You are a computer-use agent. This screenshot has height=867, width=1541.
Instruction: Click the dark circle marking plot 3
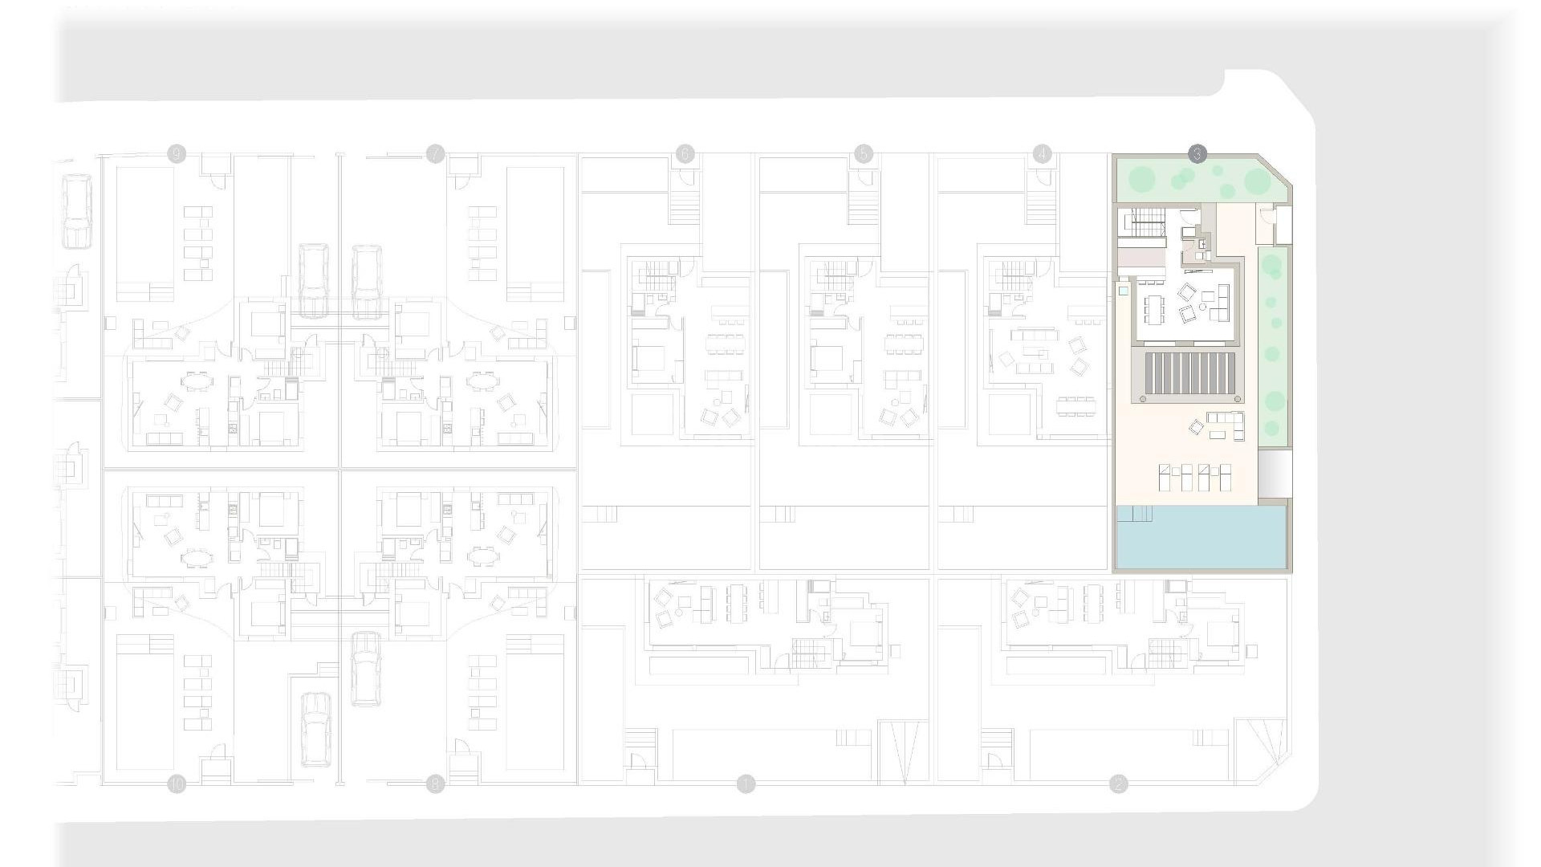[x=1197, y=154]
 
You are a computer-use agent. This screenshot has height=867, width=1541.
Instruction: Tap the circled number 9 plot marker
[x=177, y=154]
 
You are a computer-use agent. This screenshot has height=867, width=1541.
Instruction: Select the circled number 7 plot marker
[x=435, y=154]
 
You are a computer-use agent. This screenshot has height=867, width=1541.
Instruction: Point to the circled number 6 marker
[x=685, y=154]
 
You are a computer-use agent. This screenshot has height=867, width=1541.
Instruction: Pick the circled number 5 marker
[x=864, y=154]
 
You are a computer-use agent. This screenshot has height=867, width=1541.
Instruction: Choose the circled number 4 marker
[x=1042, y=154]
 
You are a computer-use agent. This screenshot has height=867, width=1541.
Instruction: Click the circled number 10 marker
[x=177, y=784]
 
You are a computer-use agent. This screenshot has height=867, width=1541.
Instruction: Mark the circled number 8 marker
[x=435, y=784]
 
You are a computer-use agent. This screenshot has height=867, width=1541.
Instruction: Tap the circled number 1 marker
[x=746, y=784]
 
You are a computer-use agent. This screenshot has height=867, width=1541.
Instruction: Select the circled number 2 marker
[x=1118, y=784]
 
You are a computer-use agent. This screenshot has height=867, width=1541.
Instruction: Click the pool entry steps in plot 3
[x=1135, y=513]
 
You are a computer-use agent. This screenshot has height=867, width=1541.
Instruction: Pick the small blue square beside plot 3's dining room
[x=1124, y=291]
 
